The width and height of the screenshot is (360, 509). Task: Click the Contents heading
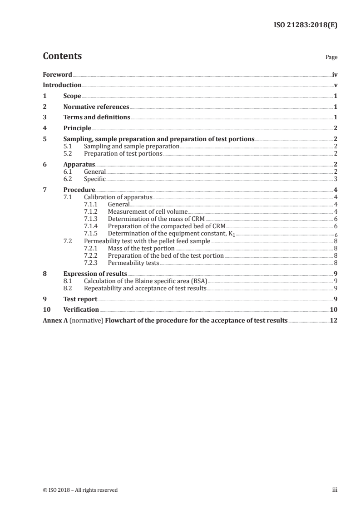62,56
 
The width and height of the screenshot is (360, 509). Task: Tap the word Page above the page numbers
331,58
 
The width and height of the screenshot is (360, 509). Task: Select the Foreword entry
57,74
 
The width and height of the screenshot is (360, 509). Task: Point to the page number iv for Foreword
335,74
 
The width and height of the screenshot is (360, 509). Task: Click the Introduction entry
62,85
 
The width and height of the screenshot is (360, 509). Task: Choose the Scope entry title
72,96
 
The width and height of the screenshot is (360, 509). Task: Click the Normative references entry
96,107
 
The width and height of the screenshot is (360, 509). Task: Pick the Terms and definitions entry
97,117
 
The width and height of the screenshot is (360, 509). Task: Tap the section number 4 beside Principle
44,128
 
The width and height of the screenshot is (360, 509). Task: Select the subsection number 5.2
68,153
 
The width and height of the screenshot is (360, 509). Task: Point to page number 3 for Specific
335,179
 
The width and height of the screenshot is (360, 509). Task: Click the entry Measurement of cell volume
148,211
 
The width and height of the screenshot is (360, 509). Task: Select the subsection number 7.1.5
91,233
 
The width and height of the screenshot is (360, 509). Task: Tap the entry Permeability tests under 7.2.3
133,262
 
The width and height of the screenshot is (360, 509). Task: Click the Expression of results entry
95,274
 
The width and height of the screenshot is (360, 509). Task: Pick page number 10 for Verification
334,309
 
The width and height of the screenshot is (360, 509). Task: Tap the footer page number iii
335,490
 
